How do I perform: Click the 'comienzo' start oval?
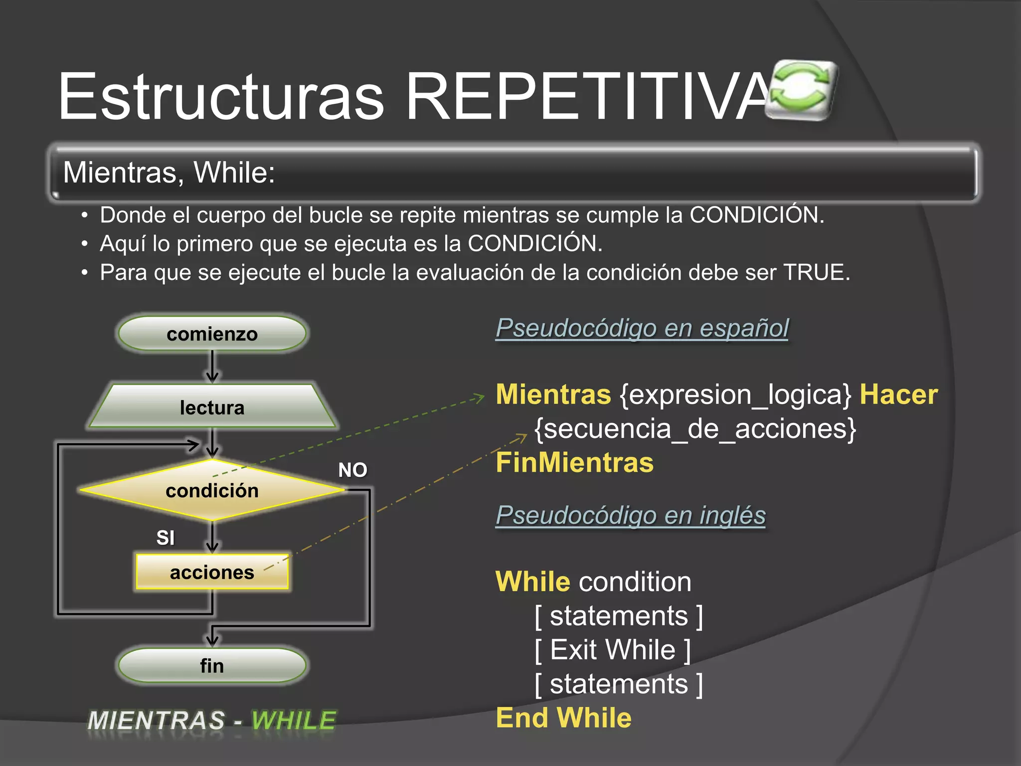[212, 334]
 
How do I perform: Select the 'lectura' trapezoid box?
[212, 407]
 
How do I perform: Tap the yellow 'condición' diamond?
[212, 490]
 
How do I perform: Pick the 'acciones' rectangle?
[212, 572]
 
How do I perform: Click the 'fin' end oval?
[212, 665]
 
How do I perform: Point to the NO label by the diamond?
[352, 470]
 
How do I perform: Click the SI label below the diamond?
[166, 538]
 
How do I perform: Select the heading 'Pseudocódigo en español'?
[642, 328]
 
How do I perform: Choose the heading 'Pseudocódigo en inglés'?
[630, 515]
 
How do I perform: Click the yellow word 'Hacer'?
[898, 394]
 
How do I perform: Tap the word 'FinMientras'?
[574, 462]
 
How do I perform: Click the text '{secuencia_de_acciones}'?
[695, 428]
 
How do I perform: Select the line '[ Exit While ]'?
[612, 650]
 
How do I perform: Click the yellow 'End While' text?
[563, 718]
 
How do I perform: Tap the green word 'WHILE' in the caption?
[294, 720]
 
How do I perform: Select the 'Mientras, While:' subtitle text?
[169, 173]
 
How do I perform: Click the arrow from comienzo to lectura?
[212, 367]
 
